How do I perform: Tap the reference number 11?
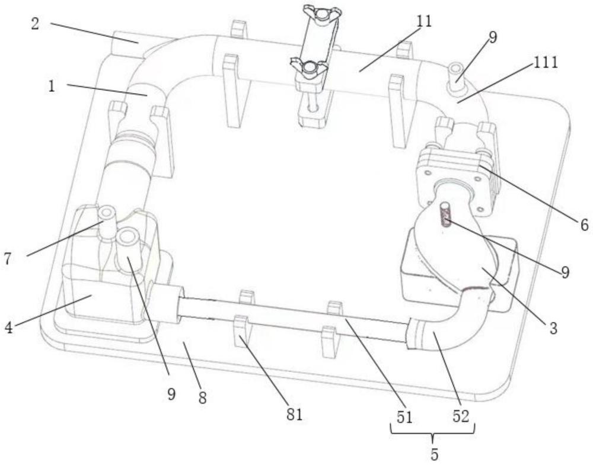click(423, 23)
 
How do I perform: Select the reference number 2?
click(36, 25)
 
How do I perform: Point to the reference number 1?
click(52, 86)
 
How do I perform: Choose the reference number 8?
click(202, 399)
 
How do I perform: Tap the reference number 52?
click(461, 416)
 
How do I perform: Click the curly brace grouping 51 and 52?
click(433, 432)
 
